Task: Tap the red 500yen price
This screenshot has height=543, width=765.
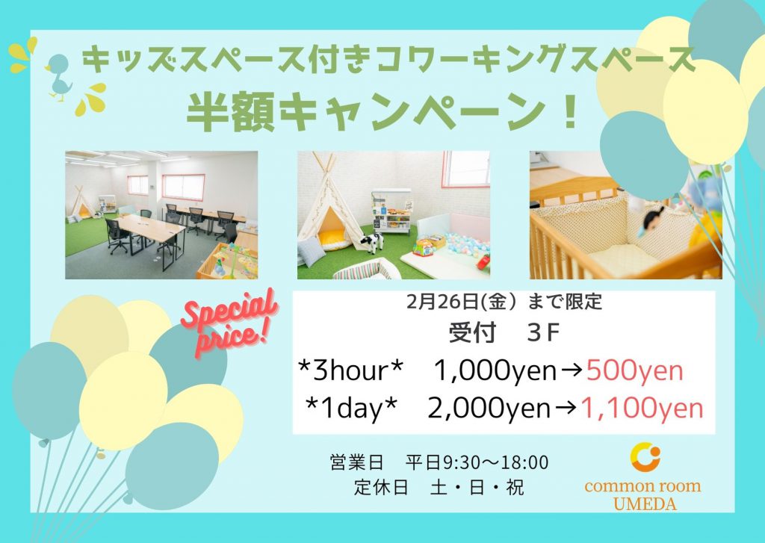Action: click(x=634, y=371)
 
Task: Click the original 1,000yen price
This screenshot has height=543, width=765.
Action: click(x=495, y=371)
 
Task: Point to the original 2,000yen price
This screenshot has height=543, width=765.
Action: click(x=489, y=409)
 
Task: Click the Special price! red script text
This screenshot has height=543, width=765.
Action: click(x=229, y=323)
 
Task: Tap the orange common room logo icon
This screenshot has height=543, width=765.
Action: click(x=645, y=457)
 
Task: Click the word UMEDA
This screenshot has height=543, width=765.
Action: click(x=645, y=503)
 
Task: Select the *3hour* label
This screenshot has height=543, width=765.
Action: click(x=351, y=371)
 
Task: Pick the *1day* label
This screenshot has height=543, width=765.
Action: click(x=350, y=409)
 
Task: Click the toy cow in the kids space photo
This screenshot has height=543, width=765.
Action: click(x=372, y=243)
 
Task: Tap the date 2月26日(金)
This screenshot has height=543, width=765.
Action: click(x=461, y=302)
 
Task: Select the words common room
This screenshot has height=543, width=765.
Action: click(x=642, y=486)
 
